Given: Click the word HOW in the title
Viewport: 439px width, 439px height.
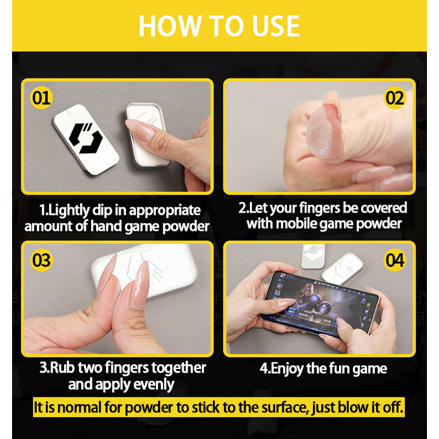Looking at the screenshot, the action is point(171,26).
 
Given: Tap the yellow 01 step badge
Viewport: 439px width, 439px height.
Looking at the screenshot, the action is point(41,98).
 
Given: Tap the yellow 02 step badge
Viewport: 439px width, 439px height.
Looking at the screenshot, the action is point(395,98).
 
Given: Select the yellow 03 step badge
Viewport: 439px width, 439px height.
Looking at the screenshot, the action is point(41,260).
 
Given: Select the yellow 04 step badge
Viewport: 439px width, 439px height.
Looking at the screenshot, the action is point(395,260).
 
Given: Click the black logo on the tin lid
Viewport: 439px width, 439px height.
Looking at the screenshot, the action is point(86,138).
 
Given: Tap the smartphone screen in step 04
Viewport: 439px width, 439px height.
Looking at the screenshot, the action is point(319,304).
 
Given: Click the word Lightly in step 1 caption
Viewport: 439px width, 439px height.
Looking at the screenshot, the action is point(65,211).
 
